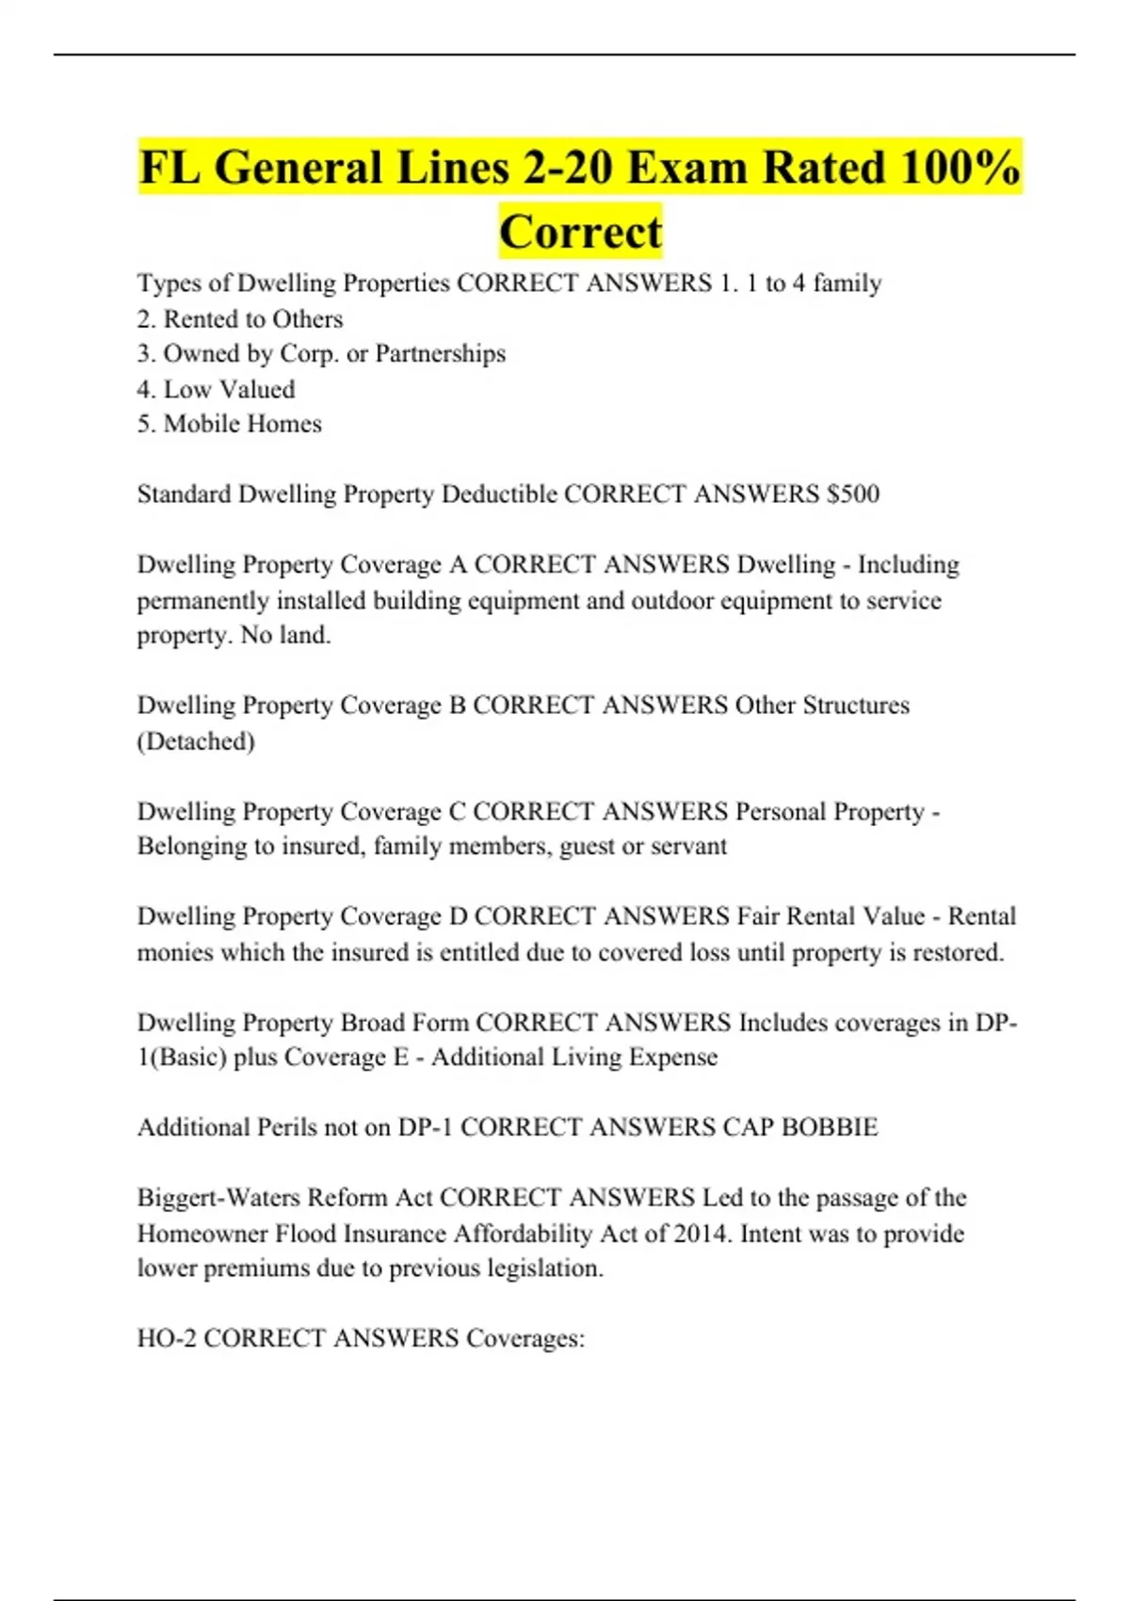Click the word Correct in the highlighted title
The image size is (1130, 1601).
[580, 232]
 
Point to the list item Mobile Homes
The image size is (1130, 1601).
[242, 424]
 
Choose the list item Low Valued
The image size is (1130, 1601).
[229, 389]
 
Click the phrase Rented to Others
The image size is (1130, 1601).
[252, 319]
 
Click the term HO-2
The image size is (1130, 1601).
[167, 1338]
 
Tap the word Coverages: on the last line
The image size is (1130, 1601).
[525, 1338]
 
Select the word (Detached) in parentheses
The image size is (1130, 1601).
[196, 741]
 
